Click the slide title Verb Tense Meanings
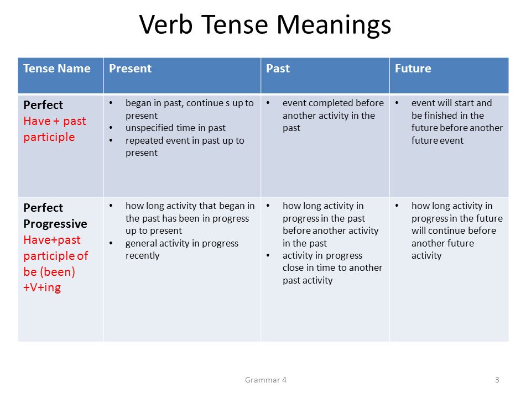pyautogui.click(x=265, y=25)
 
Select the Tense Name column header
pyautogui.click(x=57, y=69)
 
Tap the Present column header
pyautogui.click(x=130, y=69)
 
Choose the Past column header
pyautogui.click(x=278, y=69)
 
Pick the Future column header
pyautogui.click(x=413, y=69)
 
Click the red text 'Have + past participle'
pyautogui.click(x=55, y=129)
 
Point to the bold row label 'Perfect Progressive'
pyautogui.click(x=55, y=216)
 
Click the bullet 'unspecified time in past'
pyautogui.click(x=175, y=128)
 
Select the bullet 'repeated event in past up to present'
pyautogui.click(x=185, y=146)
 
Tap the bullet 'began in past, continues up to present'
pyautogui.click(x=190, y=109)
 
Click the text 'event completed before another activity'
pyautogui.click(x=333, y=109)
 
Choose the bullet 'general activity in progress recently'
pyautogui.click(x=182, y=249)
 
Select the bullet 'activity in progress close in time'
pyautogui.click(x=332, y=261)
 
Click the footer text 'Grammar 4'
pyautogui.click(x=265, y=380)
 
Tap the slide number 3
pyautogui.click(x=497, y=380)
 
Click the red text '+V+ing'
pyautogui.click(x=42, y=287)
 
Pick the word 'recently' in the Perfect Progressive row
pyautogui.click(x=142, y=255)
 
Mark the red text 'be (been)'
pyautogui.click(x=49, y=272)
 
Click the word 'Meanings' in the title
pyautogui.click(x=334, y=25)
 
